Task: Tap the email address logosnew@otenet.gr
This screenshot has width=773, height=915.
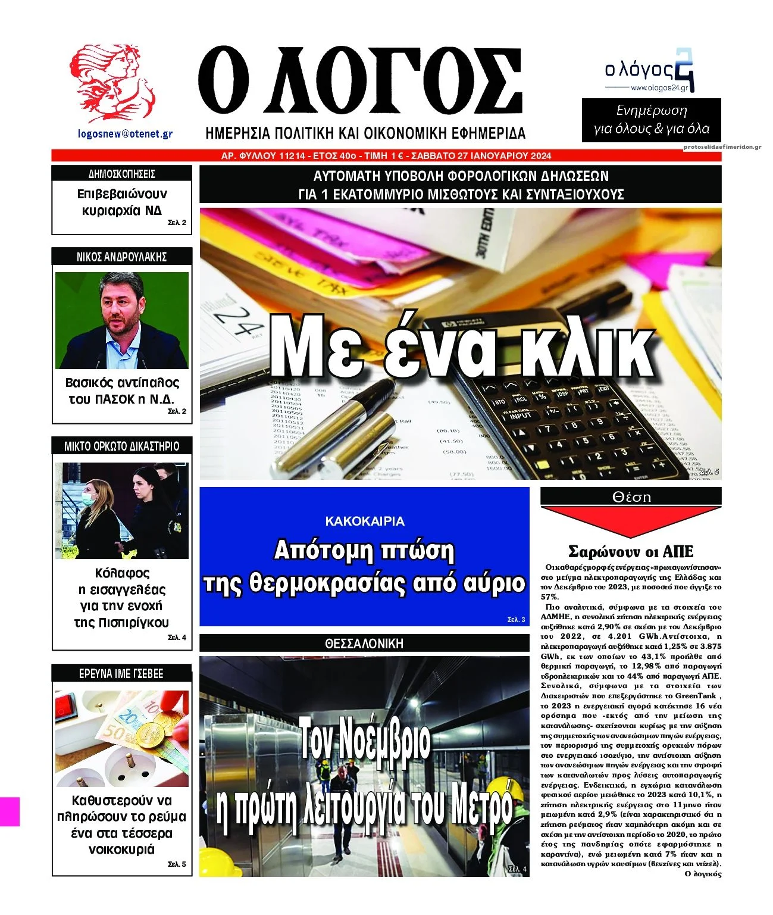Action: pyautogui.click(x=125, y=134)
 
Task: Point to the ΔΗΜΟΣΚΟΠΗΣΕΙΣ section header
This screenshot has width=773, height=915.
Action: pyautogui.click(x=121, y=174)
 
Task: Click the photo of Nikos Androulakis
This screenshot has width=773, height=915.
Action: pyautogui.click(x=121, y=320)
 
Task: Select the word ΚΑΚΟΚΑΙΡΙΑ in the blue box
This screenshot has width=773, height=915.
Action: pyautogui.click(x=364, y=521)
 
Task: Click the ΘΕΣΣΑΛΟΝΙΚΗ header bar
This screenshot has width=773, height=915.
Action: pyautogui.click(x=364, y=644)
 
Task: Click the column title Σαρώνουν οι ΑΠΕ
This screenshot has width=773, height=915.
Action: pyautogui.click(x=630, y=551)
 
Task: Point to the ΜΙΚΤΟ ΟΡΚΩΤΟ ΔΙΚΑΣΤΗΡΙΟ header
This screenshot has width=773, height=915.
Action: pyautogui.click(x=121, y=446)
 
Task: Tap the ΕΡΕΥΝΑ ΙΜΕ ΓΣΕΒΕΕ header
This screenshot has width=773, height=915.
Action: pyautogui.click(x=121, y=674)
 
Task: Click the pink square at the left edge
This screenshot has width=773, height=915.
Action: pyautogui.click(x=10, y=811)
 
